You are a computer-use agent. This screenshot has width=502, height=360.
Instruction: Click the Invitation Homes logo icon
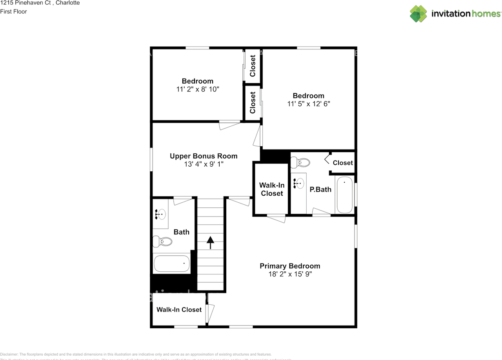tap(418, 13)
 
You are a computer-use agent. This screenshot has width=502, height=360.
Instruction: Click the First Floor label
tap(13, 11)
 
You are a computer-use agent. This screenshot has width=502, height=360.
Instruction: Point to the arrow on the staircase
tap(211, 242)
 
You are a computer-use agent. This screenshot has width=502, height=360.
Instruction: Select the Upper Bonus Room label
tap(203, 156)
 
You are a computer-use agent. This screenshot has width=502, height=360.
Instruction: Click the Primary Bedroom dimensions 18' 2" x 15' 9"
tap(289, 274)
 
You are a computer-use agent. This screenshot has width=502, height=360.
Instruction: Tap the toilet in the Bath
tap(163, 241)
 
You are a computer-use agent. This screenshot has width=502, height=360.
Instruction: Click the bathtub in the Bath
tap(172, 264)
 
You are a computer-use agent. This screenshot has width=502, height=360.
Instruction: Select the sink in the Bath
tap(161, 214)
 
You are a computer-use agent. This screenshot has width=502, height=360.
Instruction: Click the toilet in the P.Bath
tap(301, 162)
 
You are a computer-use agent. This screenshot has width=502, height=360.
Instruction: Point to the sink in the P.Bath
tap(299, 183)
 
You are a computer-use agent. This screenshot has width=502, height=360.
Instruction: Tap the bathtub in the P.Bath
tap(345, 195)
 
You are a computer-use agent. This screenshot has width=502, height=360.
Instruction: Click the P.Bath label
tap(320, 189)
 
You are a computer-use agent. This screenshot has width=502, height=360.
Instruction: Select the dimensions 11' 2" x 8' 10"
tap(197, 89)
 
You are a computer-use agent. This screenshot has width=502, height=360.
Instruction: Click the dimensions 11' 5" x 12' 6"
tap(308, 104)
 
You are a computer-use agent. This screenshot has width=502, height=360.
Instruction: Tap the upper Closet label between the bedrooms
tap(253, 66)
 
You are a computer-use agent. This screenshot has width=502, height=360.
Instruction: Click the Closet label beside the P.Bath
tap(342, 163)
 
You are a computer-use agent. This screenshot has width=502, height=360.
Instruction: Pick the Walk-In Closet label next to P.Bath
tap(271, 189)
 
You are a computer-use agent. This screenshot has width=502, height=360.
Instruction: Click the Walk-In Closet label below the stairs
tap(179, 309)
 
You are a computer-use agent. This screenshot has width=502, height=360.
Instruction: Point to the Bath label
tap(181, 232)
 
